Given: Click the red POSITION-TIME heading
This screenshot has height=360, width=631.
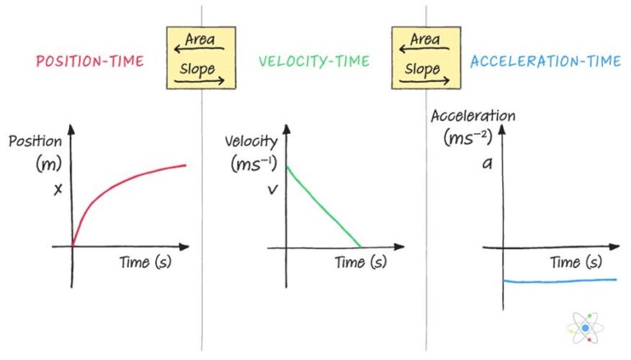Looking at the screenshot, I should click(91, 62).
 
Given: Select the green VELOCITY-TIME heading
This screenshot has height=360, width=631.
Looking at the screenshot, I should click(314, 62).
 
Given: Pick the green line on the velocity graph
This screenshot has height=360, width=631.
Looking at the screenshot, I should click(324, 206).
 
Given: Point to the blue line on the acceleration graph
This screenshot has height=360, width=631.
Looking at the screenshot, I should click(559, 280).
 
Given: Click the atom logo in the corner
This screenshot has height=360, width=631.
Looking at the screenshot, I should click(585, 328).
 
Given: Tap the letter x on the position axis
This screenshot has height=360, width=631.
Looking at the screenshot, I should click(58, 189).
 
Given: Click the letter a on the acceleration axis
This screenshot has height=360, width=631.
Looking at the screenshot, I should click(486, 164).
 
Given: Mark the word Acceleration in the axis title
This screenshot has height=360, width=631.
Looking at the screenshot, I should click(473, 116).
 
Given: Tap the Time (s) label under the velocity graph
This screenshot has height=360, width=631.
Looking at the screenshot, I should click(359, 262).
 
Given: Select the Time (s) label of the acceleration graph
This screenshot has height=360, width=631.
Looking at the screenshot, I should click(576, 263).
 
